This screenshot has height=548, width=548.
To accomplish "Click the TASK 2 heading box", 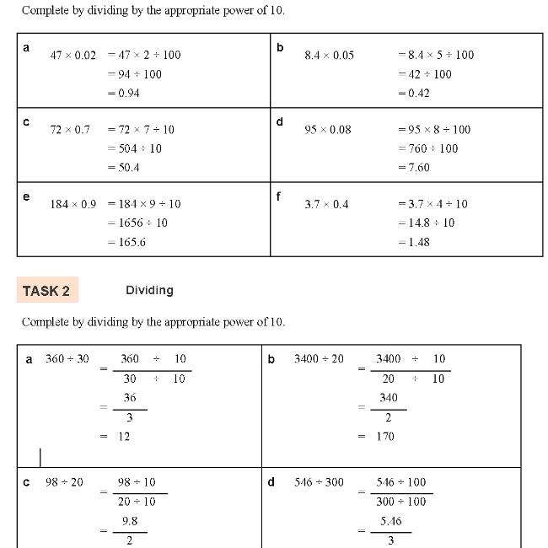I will point(46,291).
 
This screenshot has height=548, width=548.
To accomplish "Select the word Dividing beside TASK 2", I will point(149,290).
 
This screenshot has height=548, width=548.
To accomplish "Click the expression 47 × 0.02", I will point(73,55).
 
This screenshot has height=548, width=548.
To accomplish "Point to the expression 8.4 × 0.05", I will point(329,55).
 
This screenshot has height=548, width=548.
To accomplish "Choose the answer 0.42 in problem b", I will point(416,93).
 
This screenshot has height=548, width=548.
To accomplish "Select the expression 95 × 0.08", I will point(328,129).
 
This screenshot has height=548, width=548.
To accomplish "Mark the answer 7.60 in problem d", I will point(416,167).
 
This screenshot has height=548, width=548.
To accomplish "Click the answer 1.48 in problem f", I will point(416,242).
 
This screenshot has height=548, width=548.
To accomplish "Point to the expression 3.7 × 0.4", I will point(326,204).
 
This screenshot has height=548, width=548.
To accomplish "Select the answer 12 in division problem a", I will point(124,437).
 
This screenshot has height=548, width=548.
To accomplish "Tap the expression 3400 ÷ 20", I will point(319,359).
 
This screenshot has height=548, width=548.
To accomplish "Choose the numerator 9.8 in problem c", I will point(129,521).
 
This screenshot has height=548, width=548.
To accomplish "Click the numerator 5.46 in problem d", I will point(390,521).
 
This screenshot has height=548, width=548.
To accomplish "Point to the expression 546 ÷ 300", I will point(319,482).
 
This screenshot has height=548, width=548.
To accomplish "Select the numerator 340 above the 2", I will point(389,398).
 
